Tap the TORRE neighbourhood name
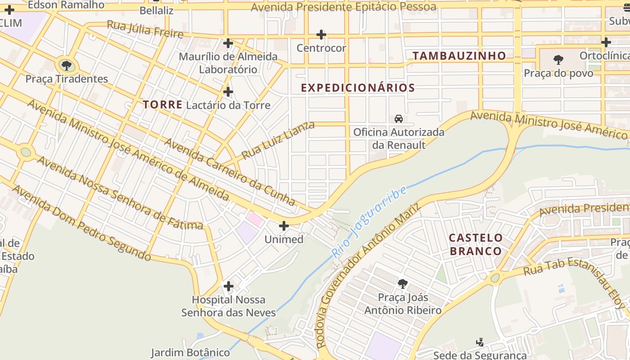[162, 105]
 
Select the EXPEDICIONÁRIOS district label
[358, 88]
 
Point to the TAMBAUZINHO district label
[459, 56]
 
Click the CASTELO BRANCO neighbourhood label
[476, 244]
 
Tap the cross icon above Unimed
[284, 225]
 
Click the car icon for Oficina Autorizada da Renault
[399, 119]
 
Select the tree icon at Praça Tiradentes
[67, 66]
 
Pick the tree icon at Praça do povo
[558, 59]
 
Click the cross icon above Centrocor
[321, 35]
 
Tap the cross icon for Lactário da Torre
[228, 92]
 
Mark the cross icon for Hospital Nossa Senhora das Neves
[229, 286]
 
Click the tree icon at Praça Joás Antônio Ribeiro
[403, 284]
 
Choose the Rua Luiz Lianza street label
[278, 140]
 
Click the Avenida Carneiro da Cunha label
[229, 171]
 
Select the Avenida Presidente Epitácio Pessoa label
[343, 7]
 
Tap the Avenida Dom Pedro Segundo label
[81, 223]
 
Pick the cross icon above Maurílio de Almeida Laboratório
[228, 43]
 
